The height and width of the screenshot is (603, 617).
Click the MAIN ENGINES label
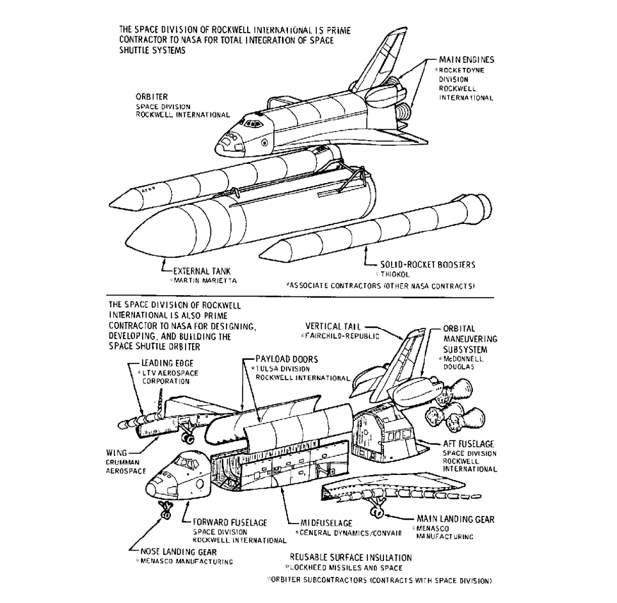467,60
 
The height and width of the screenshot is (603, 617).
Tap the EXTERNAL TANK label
192,271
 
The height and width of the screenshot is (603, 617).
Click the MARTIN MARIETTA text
193,280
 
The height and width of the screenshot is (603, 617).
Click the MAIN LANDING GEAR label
455,519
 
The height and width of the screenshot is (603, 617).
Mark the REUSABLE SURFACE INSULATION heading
351,558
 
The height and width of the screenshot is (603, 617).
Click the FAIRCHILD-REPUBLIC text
343,335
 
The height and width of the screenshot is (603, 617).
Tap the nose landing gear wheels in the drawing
166,511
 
